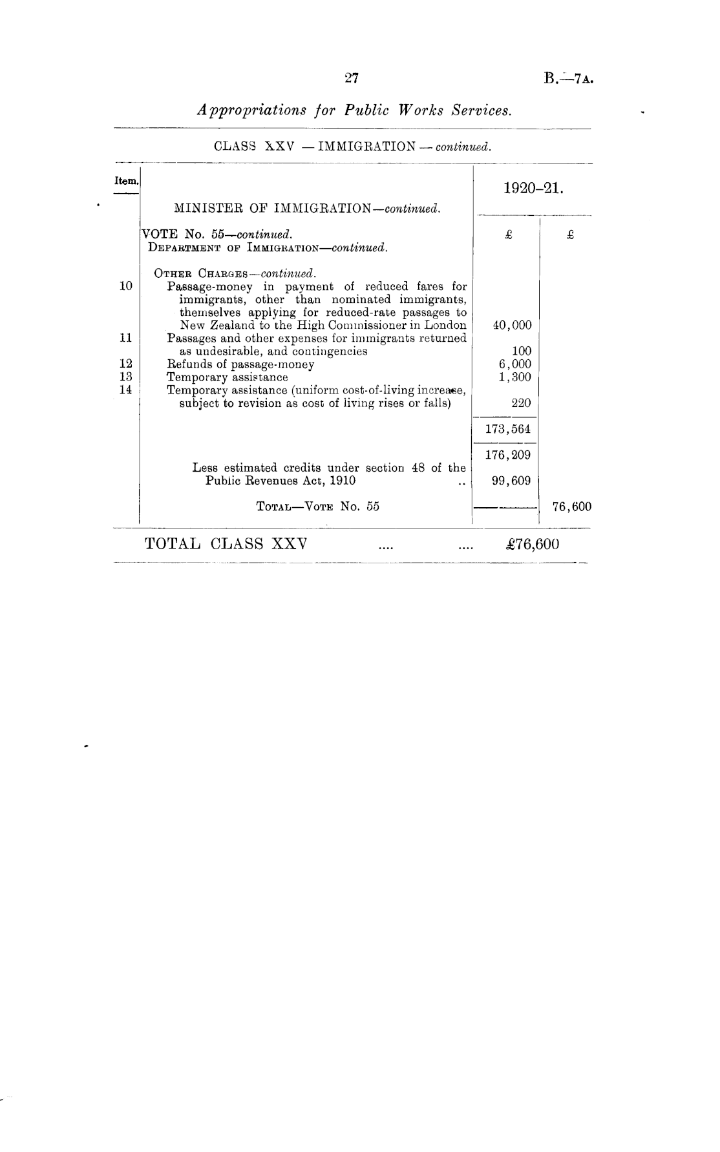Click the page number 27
coord(352,79)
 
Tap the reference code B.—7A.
coord(569,79)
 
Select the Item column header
coord(126,182)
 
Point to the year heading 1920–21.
coord(534,189)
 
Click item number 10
coord(126,286)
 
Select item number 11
coord(126,338)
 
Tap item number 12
coord(126,364)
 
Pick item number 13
coord(126,377)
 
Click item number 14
coord(126,390)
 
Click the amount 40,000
coord(512,326)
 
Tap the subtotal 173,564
coord(508,429)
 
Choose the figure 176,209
coord(508,455)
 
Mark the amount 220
coord(521,403)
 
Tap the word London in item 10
coord(445,326)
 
